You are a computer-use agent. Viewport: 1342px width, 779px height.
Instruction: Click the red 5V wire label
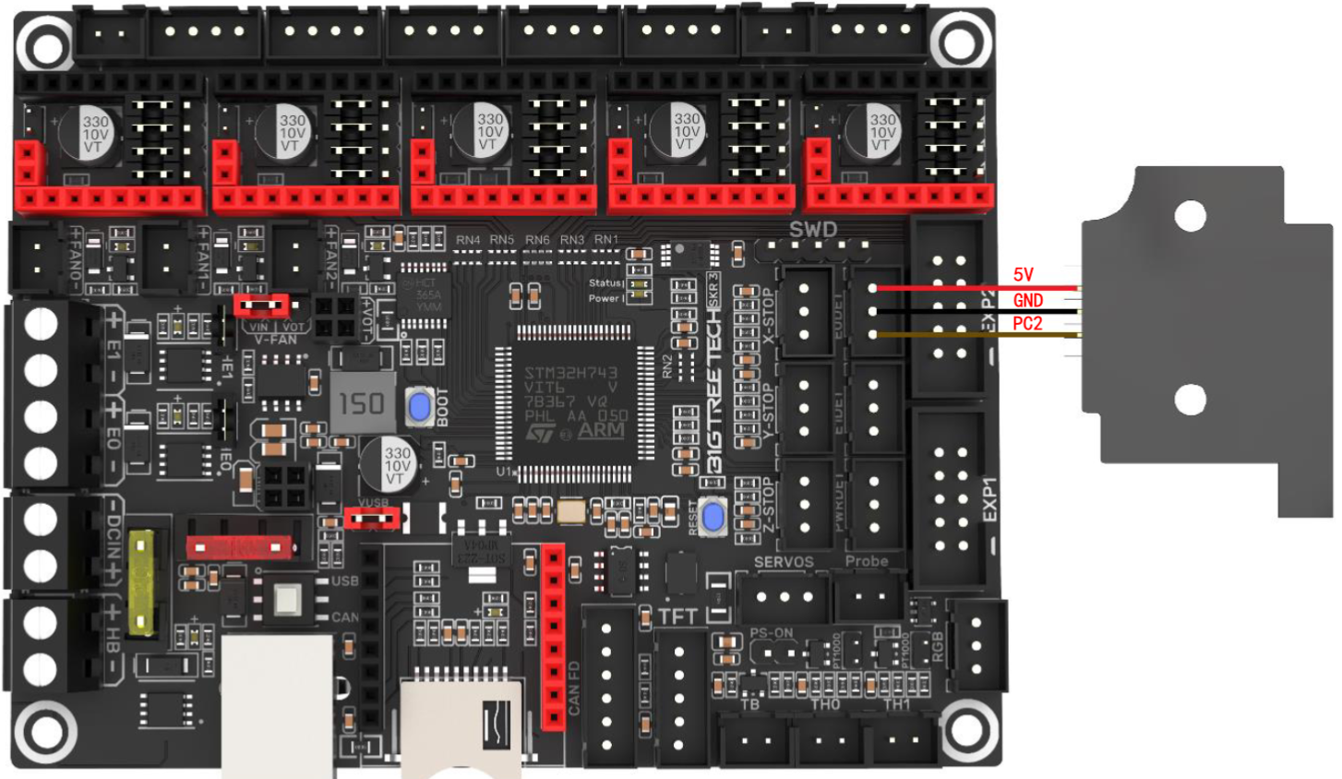1023,274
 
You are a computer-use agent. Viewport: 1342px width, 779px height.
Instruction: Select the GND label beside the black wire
1027,300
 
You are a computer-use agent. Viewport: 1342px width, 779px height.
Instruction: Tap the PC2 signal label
1027,323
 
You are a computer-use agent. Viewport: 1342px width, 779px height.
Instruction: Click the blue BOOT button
421,407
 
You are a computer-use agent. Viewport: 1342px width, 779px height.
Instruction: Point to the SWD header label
812,230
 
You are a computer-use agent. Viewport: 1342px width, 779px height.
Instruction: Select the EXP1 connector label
989,499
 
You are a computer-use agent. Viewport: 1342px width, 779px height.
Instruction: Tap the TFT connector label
677,617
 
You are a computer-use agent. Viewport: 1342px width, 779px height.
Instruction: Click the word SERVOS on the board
784,561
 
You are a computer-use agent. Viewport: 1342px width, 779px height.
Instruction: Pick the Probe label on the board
867,561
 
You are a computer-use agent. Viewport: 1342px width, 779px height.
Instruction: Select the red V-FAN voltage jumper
262,305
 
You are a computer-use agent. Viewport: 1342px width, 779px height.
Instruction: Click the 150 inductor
362,403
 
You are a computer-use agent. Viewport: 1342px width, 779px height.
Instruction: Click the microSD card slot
461,725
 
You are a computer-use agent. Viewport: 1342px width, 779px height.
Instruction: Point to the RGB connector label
938,647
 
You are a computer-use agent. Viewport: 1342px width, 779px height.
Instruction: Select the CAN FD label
574,689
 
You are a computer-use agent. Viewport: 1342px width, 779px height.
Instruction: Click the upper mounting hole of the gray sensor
1191,216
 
